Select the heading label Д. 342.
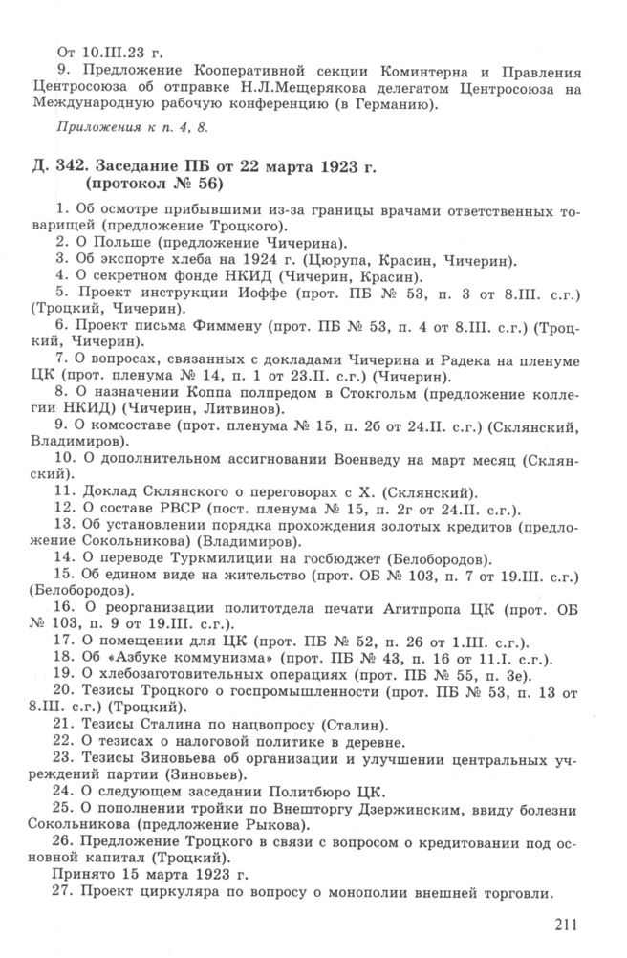point(54,169)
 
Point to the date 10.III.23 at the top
point(113,51)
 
